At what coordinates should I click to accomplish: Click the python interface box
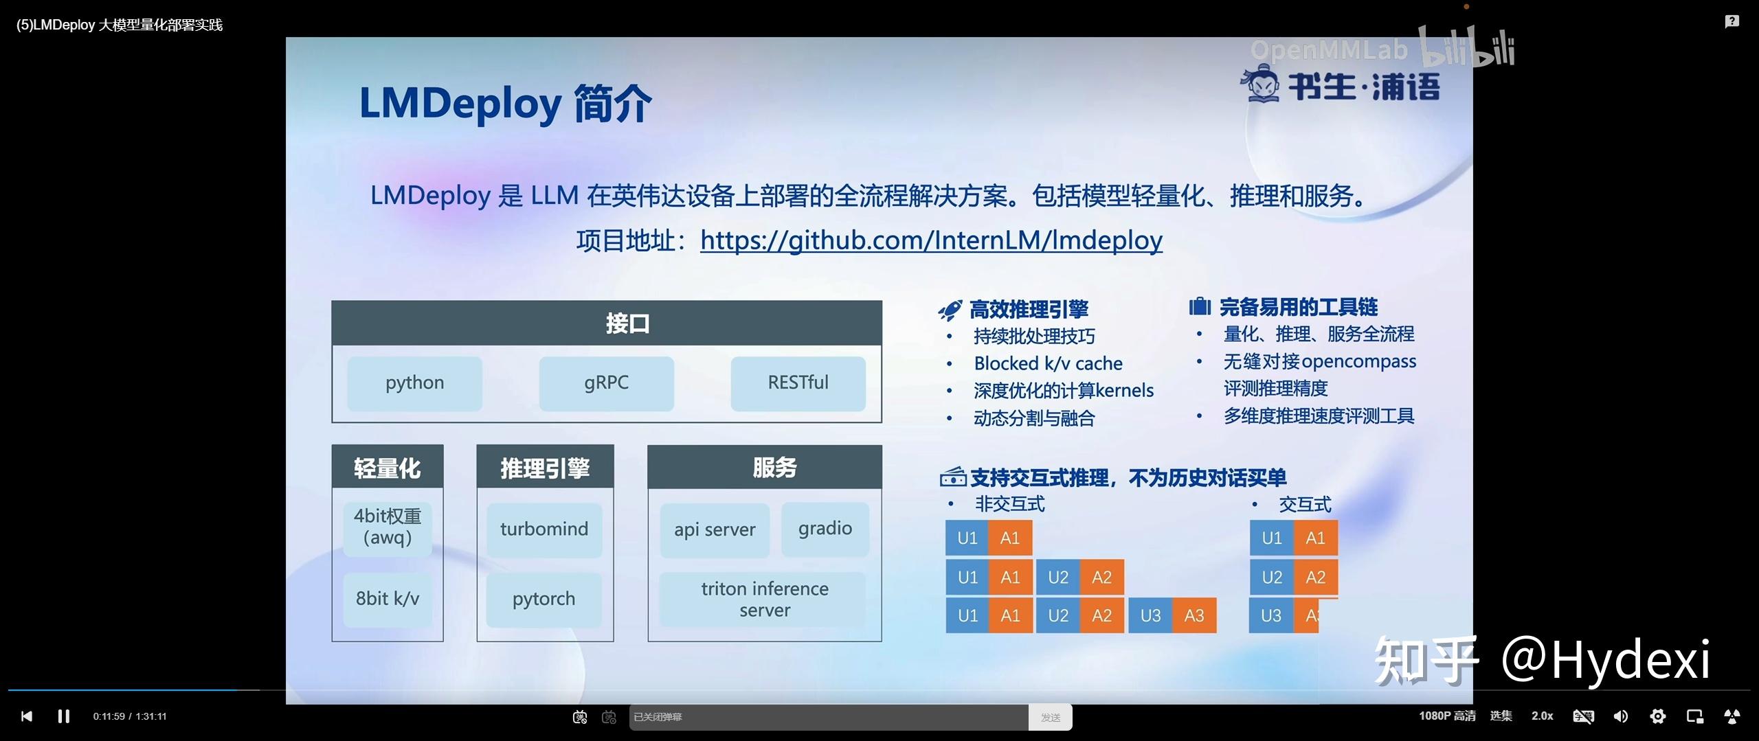pos(414,383)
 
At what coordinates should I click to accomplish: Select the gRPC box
pos(606,383)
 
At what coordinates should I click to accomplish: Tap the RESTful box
pos(798,383)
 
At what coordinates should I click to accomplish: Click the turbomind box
pos(544,529)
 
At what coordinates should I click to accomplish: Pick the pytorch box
pos(544,599)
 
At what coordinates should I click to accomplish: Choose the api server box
pos(715,530)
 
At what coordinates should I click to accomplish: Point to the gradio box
pos(825,529)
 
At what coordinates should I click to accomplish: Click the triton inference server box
pos(764,600)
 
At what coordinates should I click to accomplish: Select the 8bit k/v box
pos(388,599)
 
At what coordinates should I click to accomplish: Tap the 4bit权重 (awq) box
pos(388,527)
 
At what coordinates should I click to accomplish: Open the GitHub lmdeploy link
pos(931,240)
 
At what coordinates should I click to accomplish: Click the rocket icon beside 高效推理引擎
pos(950,310)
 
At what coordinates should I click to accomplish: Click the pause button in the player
pos(64,716)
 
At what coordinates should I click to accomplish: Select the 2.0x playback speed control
pos(1542,716)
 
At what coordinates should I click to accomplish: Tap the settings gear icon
pos(1657,716)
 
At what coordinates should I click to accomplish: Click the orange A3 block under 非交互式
pos(1194,615)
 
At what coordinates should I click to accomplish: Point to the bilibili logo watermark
pos(1467,48)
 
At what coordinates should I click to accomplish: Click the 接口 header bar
pos(606,323)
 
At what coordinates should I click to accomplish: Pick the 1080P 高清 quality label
pos(1447,716)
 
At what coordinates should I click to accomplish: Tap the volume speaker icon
pos(1620,716)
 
